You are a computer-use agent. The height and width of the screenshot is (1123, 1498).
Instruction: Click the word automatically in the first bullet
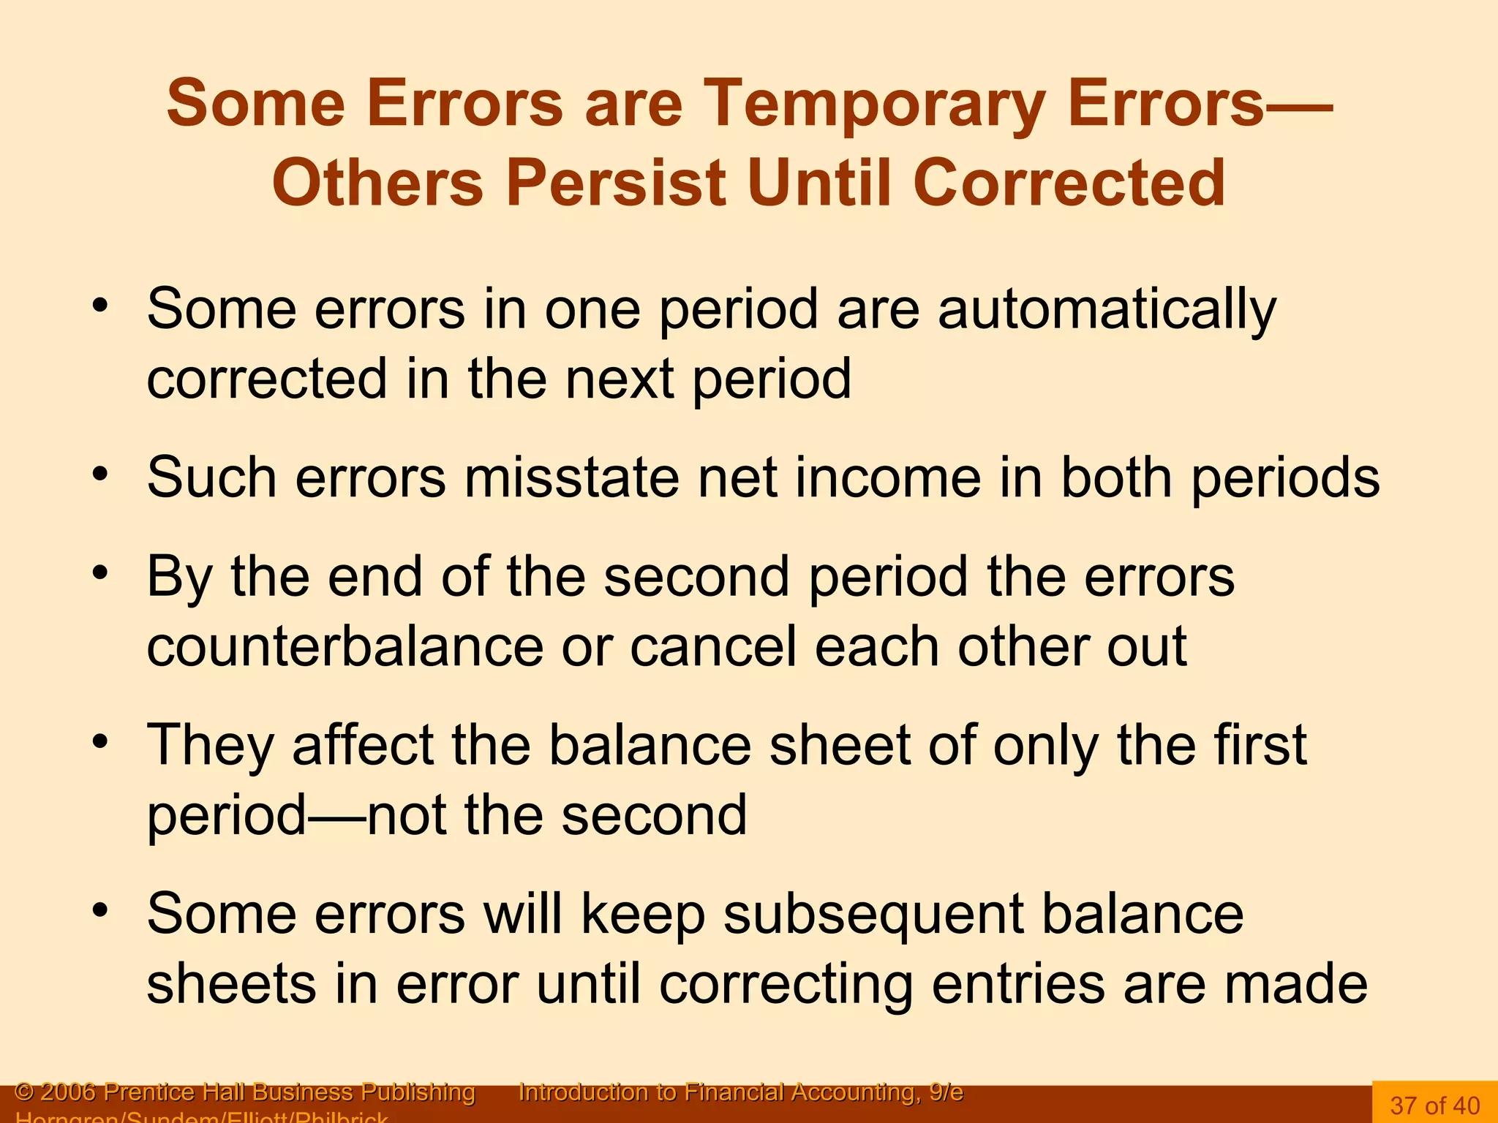[x=1107, y=310]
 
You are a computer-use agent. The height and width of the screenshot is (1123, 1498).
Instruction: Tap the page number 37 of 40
[x=1435, y=1105]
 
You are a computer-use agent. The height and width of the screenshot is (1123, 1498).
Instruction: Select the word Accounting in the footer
[x=853, y=1092]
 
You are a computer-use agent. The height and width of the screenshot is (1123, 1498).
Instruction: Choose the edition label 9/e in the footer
[x=946, y=1092]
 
